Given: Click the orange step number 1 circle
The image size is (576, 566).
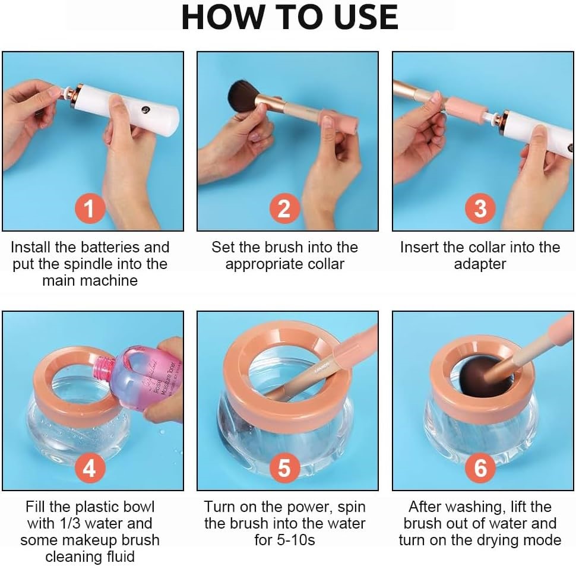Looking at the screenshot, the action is [x=90, y=208].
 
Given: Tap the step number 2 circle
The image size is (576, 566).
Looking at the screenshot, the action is [x=284, y=208].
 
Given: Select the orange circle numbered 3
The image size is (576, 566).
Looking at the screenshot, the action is [x=480, y=208].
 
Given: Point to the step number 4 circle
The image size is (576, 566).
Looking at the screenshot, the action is [x=90, y=468].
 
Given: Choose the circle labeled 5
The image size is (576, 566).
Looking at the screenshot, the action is [x=284, y=468].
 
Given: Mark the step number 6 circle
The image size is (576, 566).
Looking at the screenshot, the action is [x=480, y=468].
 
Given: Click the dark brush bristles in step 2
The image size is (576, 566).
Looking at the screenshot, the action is [x=244, y=96].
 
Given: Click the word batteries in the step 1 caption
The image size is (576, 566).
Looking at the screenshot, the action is [x=110, y=247].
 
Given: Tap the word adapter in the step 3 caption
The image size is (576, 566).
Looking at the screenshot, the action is [x=480, y=264].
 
